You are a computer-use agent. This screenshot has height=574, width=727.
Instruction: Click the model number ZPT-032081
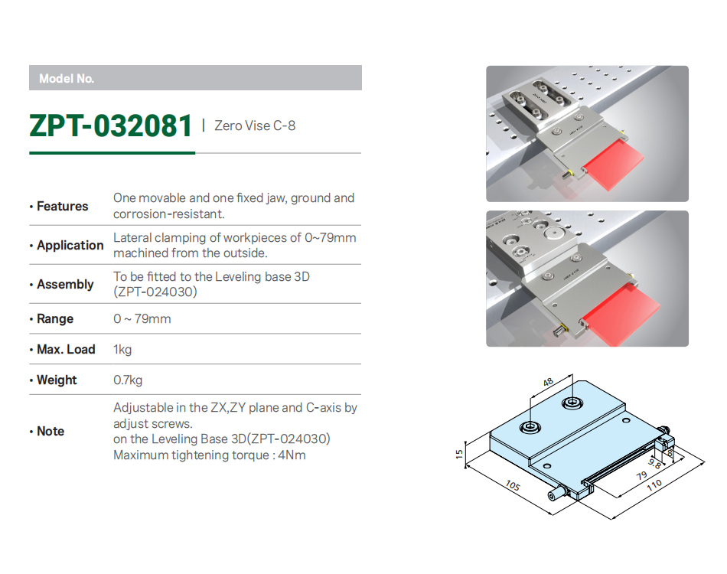[x=110, y=126]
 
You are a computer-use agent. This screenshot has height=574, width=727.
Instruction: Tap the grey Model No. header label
[x=67, y=78]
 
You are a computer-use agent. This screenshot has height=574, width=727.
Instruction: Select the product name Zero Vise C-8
[x=255, y=126]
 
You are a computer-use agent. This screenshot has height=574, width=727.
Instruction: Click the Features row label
[x=62, y=206]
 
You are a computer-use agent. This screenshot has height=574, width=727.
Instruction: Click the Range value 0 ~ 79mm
[x=142, y=318]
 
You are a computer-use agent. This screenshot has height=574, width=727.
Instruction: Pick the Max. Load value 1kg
[x=122, y=349]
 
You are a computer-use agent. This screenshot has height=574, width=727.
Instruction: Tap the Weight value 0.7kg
[x=128, y=380]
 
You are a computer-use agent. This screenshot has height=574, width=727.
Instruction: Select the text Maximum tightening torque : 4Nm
[x=209, y=455]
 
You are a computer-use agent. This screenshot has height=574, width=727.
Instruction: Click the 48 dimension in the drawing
[x=548, y=382]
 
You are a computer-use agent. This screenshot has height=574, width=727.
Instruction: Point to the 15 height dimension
[x=459, y=454]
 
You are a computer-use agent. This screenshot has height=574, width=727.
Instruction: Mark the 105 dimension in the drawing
[x=513, y=485]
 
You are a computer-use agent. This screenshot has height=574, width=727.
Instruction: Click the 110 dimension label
[x=654, y=485]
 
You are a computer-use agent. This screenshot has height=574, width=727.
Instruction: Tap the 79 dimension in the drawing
[x=642, y=476]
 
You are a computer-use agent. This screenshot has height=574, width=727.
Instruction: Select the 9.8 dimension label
[x=654, y=463]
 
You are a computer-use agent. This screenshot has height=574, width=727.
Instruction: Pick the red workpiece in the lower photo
[x=621, y=316]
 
